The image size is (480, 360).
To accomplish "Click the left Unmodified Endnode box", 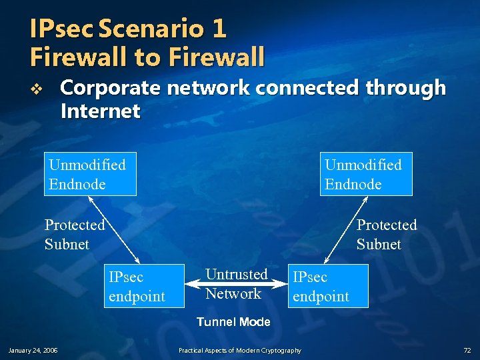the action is click(91, 174).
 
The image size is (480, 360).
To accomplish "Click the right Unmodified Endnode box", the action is click(367, 174).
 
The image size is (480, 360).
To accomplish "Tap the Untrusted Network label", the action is click(236, 283).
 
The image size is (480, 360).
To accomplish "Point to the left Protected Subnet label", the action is click(75, 234).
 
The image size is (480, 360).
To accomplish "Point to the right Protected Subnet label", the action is click(387, 234).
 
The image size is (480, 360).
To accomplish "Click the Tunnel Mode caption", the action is click(233, 322).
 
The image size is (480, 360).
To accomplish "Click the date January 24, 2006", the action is click(33, 350).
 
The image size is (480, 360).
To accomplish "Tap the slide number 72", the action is click(467, 350).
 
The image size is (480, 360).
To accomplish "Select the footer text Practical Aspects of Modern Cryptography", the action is click(240, 350).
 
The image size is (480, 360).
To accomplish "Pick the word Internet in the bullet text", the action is click(100, 111).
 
